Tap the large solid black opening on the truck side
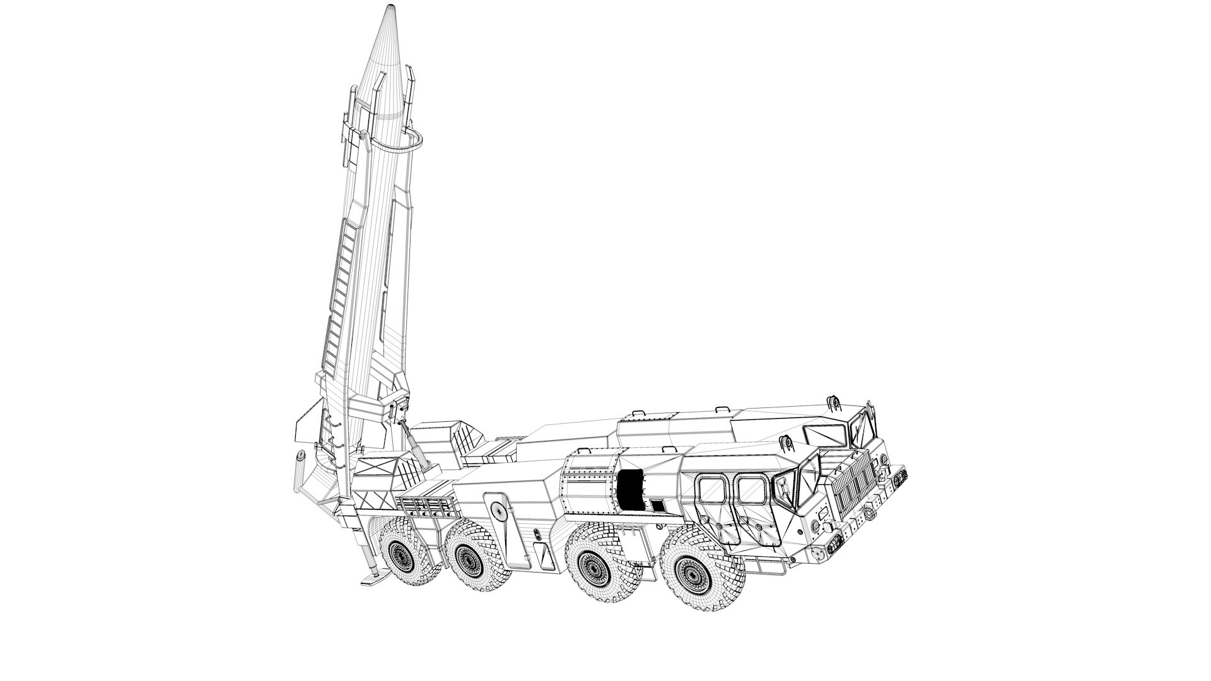[629, 489]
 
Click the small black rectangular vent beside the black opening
[657, 505]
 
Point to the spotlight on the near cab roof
[786, 442]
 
